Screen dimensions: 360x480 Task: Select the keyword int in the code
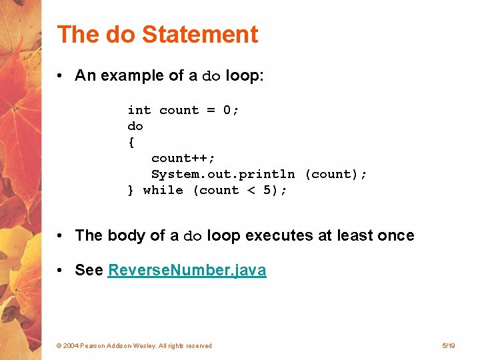tap(139, 110)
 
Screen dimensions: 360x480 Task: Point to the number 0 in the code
tap(227, 110)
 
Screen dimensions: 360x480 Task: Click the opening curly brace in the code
tap(131, 142)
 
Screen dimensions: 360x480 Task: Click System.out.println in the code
tap(223, 174)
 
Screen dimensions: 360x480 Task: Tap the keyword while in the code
tap(163, 190)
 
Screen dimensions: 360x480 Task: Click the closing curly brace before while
tap(131, 190)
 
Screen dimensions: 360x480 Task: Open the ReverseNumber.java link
tap(187, 270)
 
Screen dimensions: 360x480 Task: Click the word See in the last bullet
tap(89, 270)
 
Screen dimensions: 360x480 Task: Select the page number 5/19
tap(448, 345)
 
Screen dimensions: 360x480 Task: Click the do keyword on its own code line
tap(135, 126)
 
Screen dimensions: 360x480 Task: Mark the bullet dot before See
tap(61, 270)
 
